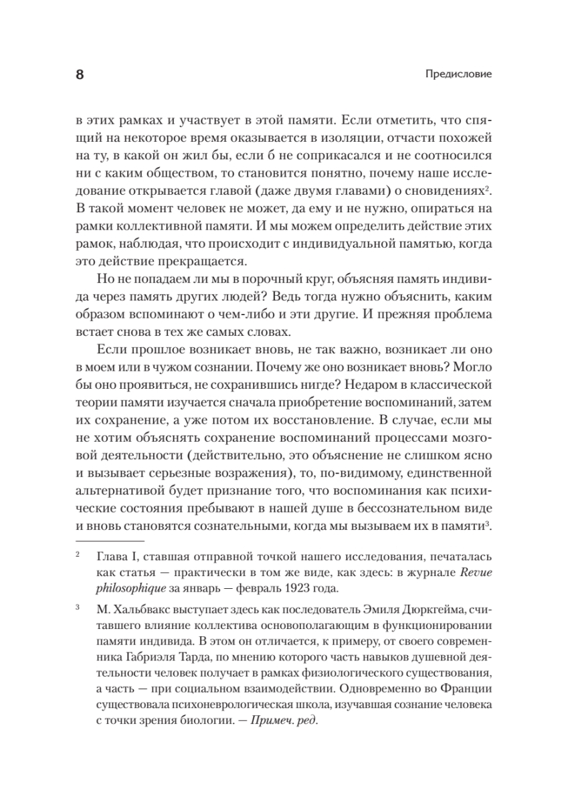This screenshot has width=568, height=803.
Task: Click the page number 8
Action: [x=80, y=74]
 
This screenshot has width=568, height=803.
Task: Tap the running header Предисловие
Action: [x=458, y=74]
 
